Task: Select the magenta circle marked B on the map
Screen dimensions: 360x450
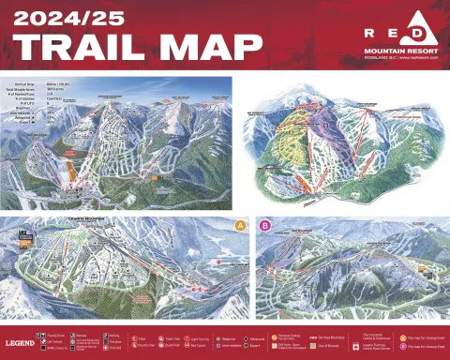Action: click(x=264, y=225)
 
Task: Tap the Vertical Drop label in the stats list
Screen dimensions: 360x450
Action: click(x=19, y=83)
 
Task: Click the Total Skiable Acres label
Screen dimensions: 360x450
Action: click(x=23, y=89)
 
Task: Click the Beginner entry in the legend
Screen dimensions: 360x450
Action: click(x=224, y=334)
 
